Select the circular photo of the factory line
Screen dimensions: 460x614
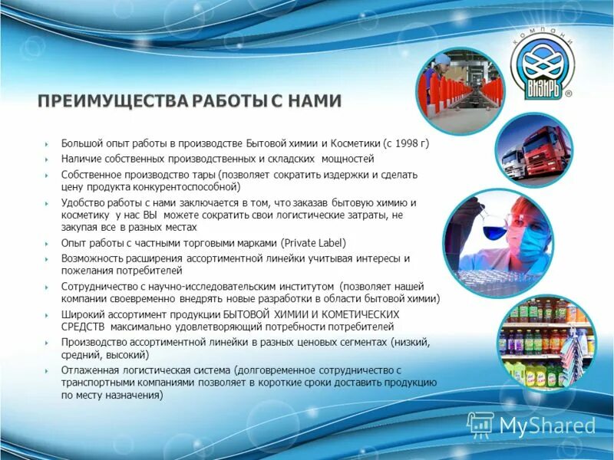pos(459,94)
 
